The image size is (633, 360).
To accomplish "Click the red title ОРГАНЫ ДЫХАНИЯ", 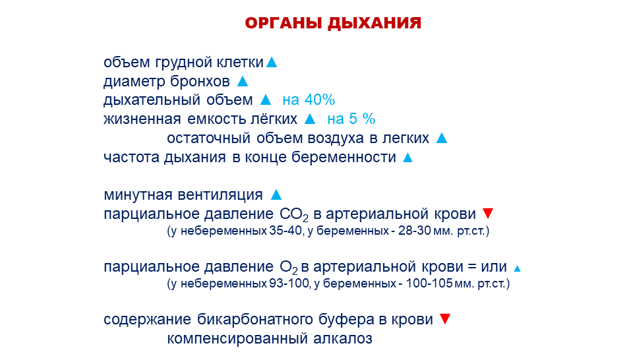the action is coord(333,23).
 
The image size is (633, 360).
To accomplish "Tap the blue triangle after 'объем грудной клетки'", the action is coord(272,63).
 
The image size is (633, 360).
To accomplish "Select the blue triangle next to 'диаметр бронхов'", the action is coord(243,81).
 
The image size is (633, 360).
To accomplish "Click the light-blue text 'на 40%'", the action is coord(309,100).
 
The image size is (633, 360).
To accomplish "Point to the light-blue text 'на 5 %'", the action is coord(351,119).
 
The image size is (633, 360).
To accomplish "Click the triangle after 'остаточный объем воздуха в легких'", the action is coord(442,138).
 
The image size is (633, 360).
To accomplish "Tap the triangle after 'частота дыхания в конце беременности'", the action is coord(407,158).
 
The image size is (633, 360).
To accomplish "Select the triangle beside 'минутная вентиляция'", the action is coord(276,195).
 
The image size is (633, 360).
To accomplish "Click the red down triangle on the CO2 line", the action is coord(488,214).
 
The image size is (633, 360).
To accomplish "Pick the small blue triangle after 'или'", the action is coord(517,268).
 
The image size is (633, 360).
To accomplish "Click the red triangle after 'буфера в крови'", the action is coord(445,319).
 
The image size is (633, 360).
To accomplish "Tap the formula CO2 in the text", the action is coord(294,215).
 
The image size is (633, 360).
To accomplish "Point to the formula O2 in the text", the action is coord(289,268).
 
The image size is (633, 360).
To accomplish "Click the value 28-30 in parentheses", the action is coord(415,231).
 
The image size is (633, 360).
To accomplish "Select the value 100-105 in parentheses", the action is coord(429,284).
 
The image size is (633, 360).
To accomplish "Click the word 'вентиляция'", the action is coord(220,195).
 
